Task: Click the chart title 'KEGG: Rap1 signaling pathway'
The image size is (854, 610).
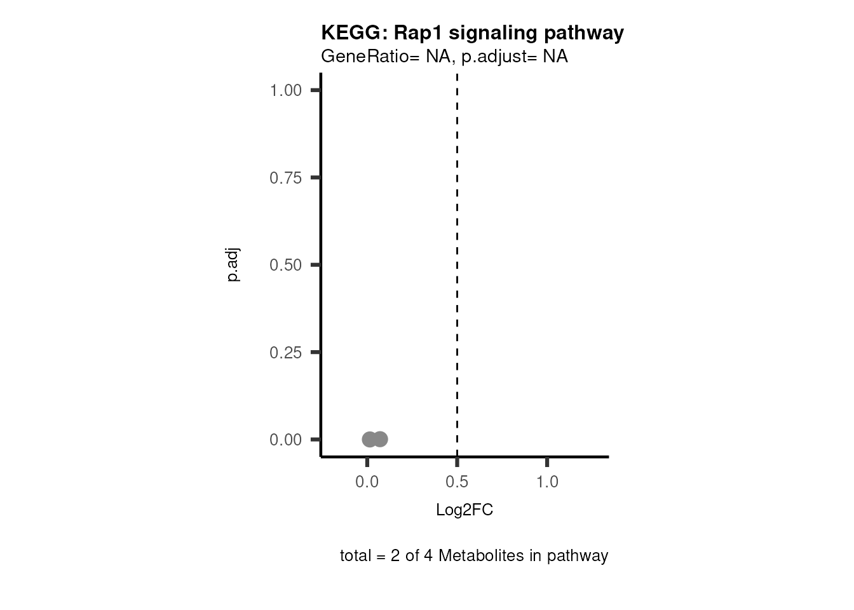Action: point(472,32)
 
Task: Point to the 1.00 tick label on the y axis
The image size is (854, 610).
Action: point(285,90)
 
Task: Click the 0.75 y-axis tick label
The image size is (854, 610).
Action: point(285,178)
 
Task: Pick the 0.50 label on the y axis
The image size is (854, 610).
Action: point(285,265)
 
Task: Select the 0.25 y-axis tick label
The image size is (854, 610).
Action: point(285,352)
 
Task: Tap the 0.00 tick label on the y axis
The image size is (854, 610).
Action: point(285,440)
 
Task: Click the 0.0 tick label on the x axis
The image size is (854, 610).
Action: point(367,482)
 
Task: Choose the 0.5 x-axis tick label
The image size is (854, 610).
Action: point(457,482)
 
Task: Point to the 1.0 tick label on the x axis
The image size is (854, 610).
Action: point(547,482)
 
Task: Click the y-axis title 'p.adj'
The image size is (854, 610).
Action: point(233,265)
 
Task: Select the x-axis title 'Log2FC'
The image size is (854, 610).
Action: point(464,510)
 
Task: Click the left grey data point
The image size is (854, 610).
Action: point(369,439)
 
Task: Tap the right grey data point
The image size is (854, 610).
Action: point(381,439)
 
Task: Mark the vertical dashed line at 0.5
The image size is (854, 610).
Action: point(457,254)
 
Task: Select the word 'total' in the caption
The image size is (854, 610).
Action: point(356,556)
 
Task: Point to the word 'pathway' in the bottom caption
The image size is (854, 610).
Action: point(578,556)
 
